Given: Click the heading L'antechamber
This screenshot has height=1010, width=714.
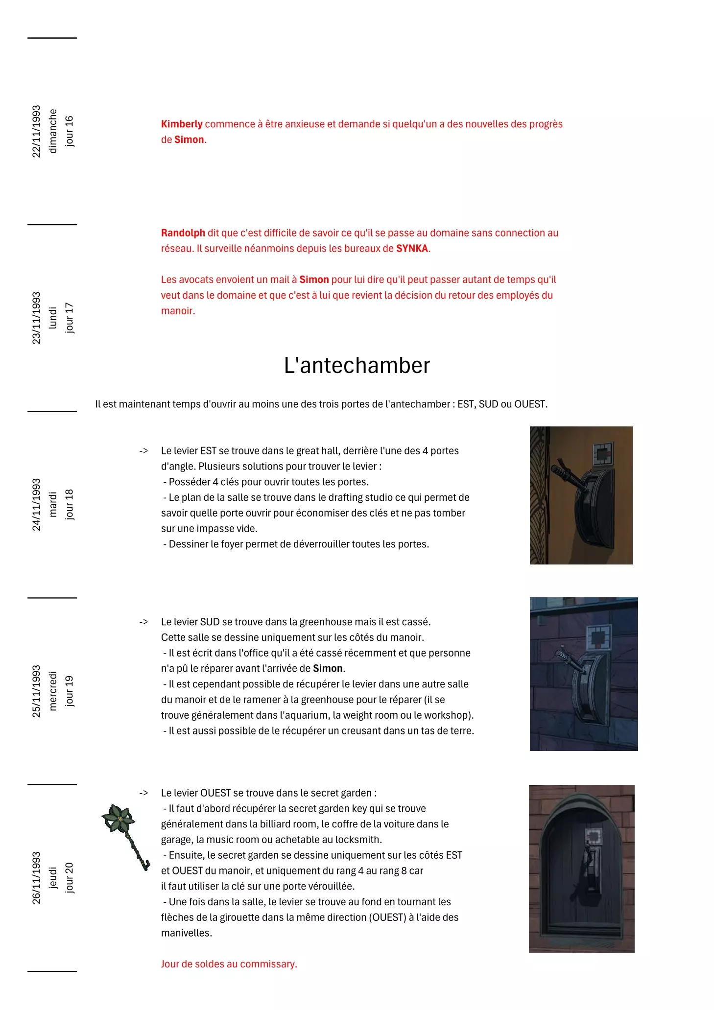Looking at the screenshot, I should [x=357, y=366].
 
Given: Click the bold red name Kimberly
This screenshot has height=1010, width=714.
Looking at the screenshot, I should [x=182, y=124].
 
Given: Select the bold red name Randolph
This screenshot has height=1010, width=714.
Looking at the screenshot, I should [x=183, y=233].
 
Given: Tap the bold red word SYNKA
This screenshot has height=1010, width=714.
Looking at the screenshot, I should [x=412, y=249].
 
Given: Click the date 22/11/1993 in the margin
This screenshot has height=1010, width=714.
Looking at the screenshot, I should [x=36, y=131].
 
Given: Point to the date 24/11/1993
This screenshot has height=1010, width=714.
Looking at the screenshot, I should [x=36, y=504].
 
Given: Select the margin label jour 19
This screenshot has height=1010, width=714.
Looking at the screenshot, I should [x=69, y=691].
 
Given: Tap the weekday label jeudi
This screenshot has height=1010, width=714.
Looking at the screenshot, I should [x=53, y=878].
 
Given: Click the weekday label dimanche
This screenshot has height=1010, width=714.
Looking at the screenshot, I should [x=53, y=131].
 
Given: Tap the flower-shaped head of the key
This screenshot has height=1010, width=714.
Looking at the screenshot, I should [x=118, y=818].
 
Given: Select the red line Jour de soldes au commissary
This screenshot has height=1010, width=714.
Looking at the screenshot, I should [x=229, y=964].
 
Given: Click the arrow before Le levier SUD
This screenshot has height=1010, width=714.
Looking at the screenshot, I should [x=143, y=622].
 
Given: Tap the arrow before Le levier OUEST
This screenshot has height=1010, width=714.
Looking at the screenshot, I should [x=143, y=793].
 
